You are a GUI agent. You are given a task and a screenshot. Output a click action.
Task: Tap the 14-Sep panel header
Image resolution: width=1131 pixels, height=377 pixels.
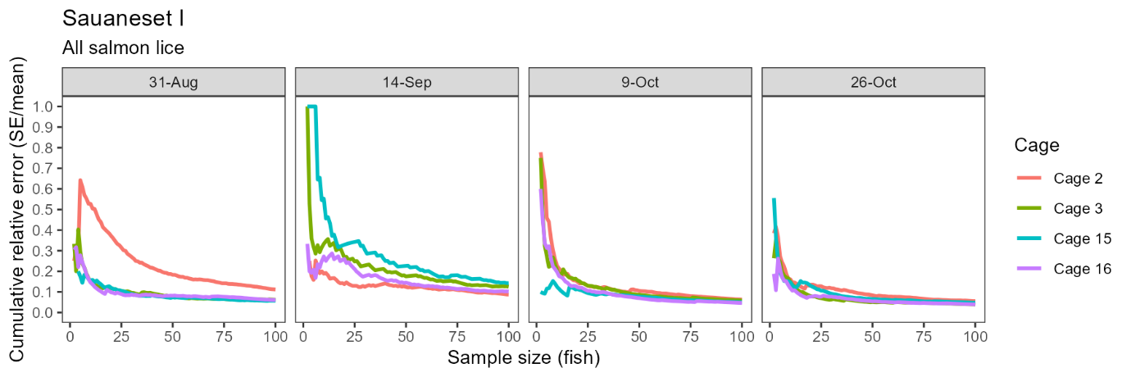tap(407, 82)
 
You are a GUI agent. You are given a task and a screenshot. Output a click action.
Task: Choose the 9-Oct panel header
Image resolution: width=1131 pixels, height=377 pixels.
tap(640, 82)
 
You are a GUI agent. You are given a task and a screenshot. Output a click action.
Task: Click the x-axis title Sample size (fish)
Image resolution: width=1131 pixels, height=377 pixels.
tap(524, 357)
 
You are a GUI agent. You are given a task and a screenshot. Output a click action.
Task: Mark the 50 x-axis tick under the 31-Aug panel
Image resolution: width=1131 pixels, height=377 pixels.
tap(172, 336)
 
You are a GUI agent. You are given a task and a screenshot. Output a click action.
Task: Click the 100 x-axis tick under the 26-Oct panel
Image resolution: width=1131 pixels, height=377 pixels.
tap(975, 336)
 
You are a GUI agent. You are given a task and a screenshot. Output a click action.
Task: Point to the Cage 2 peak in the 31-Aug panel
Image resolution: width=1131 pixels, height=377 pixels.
tap(79, 179)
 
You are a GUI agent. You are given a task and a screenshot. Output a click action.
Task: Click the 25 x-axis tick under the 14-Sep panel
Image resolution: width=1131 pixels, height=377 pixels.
tap(354, 336)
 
